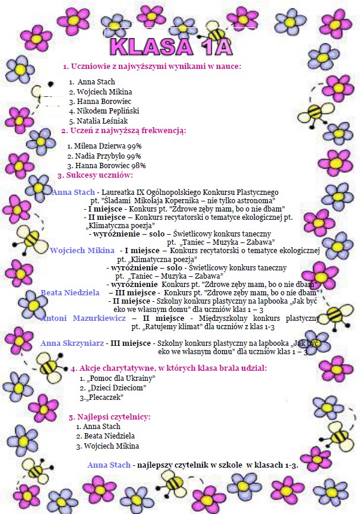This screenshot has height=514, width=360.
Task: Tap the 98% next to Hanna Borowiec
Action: (x=138, y=166)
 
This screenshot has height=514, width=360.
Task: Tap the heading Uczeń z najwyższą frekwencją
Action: (x=124, y=131)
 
